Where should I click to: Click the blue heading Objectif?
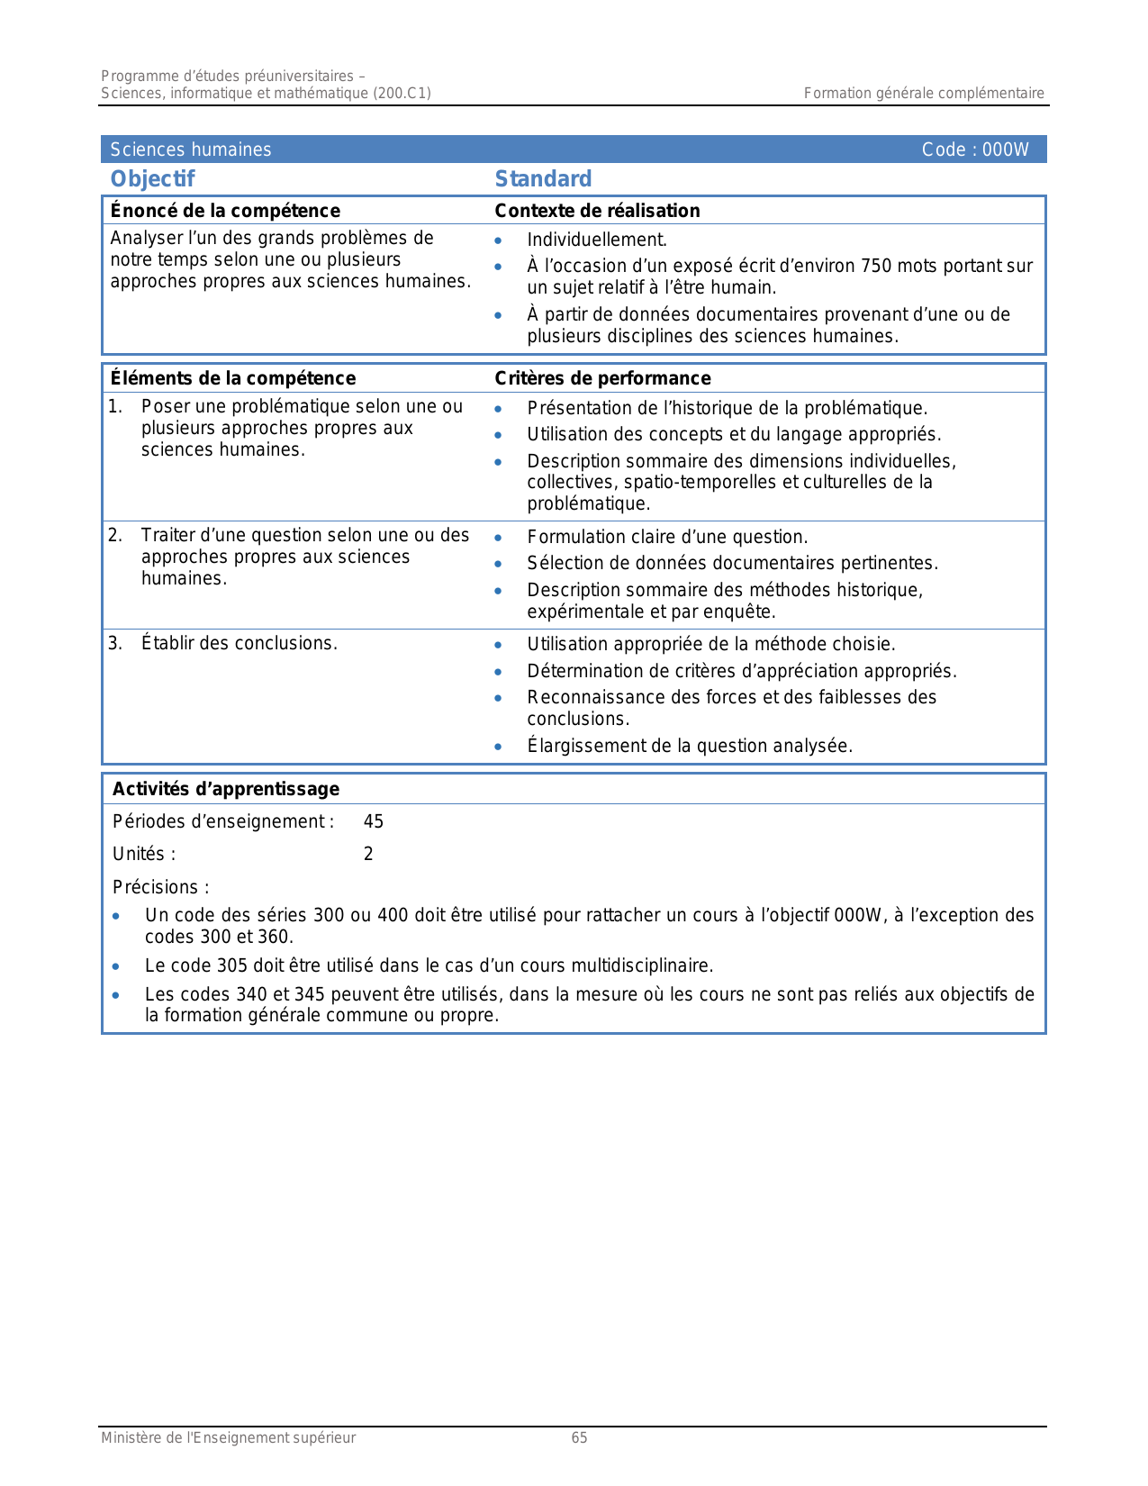click(x=152, y=179)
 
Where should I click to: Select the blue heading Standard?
click(x=543, y=179)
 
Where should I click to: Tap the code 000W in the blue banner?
click(x=1005, y=150)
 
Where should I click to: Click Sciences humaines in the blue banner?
click(x=191, y=150)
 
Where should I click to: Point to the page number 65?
click(x=579, y=1438)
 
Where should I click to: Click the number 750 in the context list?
click(x=876, y=266)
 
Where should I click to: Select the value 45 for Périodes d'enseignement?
click(x=374, y=821)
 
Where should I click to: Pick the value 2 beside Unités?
click(x=368, y=854)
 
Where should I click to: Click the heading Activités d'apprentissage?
click(x=226, y=789)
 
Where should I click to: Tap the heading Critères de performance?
click(x=602, y=378)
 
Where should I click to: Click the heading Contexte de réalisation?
click(x=597, y=211)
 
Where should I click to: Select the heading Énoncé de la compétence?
click(x=225, y=211)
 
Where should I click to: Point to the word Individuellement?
click(x=597, y=240)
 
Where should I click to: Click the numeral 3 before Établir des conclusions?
click(x=114, y=643)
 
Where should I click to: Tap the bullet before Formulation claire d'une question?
click(x=498, y=538)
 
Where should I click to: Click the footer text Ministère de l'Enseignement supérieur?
click(x=228, y=1438)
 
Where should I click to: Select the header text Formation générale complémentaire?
click(x=924, y=93)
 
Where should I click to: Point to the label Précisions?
click(x=160, y=887)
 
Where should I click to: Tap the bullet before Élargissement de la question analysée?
click(x=498, y=747)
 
